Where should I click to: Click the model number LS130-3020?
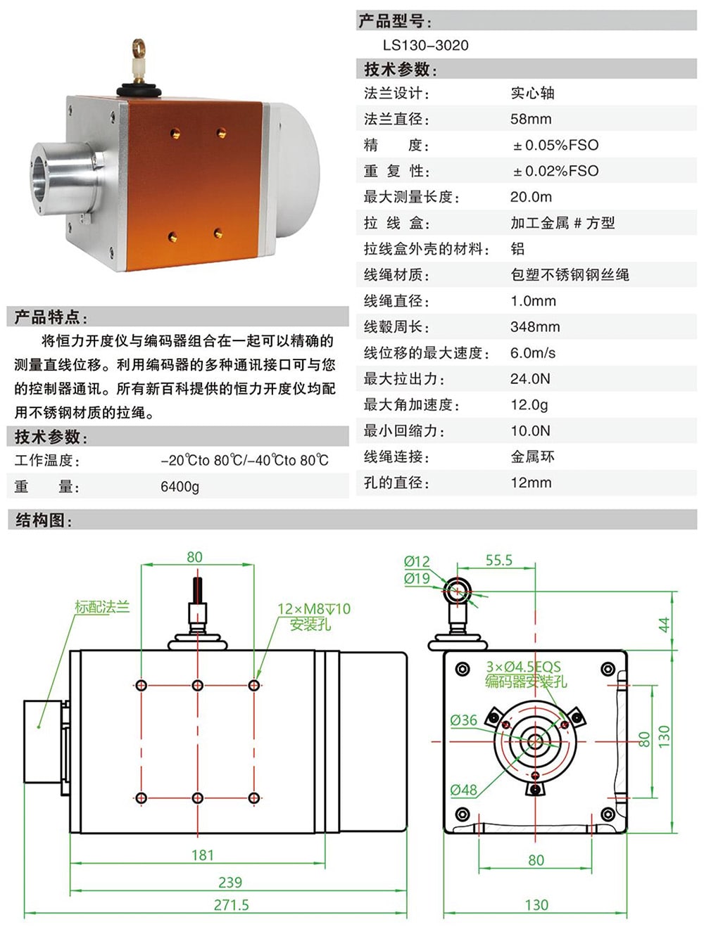425,46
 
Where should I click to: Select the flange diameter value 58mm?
531,120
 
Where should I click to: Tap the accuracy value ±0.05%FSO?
555,146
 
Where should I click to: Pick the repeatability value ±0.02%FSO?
555,172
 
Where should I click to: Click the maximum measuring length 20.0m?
531,198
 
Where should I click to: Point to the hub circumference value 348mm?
535,327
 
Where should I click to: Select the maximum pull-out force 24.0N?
530,379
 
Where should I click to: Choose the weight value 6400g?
180,487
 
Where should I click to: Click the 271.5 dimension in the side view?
231,905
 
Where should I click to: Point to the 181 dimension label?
202,855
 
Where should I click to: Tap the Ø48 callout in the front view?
463,790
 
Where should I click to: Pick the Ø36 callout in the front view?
463,720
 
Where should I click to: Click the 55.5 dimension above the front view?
498,561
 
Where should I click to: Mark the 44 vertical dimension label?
664,625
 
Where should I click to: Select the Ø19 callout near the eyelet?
416,579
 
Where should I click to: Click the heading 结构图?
43,520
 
